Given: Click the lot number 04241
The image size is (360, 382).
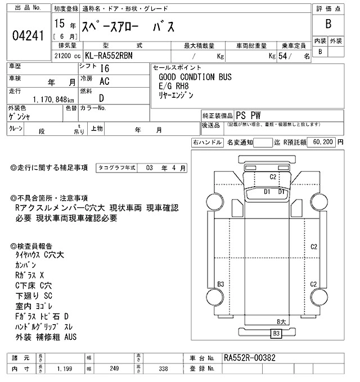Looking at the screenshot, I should (28, 35).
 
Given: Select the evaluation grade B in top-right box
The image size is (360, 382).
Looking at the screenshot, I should (328, 24).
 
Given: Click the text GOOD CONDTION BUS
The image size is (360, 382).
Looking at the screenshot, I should (195, 77).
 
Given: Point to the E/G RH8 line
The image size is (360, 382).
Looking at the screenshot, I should (174, 86).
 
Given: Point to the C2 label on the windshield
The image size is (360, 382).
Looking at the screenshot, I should (273, 177).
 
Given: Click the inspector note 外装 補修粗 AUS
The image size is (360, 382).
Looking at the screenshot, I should (46, 337).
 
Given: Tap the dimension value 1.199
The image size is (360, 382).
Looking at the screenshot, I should (64, 369).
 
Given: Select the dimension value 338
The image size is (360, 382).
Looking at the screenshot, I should (164, 369).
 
